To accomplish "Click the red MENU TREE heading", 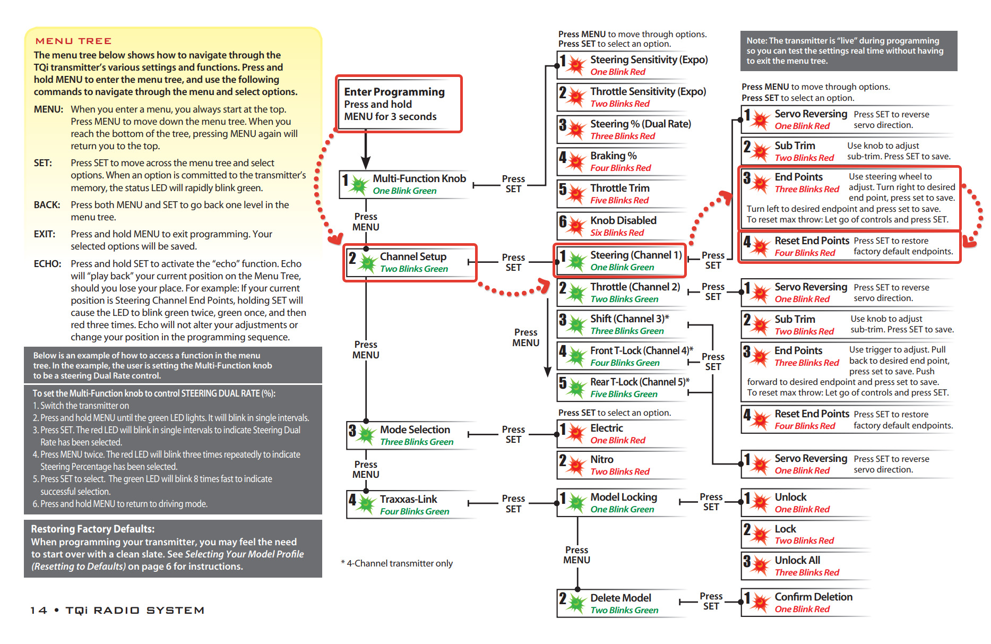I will [x=73, y=41].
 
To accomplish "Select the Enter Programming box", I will [x=399, y=104].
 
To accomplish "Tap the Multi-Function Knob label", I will [x=419, y=179].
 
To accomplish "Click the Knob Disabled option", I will [x=623, y=220].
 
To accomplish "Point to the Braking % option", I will [x=613, y=156].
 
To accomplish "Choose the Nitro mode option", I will [x=601, y=460].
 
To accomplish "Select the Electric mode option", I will [x=607, y=428].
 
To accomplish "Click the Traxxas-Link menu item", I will [x=408, y=500].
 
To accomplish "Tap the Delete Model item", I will [x=621, y=598].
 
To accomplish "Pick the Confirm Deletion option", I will [x=813, y=597].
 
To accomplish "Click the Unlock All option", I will [x=797, y=561].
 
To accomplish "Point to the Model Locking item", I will [x=623, y=497].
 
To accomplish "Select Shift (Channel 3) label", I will [x=629, y=319].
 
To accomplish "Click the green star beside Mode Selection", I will [x=366, y=435].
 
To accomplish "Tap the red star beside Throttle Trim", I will [x=576, y=194].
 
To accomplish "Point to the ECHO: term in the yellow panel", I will [x=47, y=264].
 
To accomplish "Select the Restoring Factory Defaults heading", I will [x=92, y=529].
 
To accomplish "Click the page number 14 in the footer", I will [x=38, y=611].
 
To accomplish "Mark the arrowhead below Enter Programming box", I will [x=366, y=162].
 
